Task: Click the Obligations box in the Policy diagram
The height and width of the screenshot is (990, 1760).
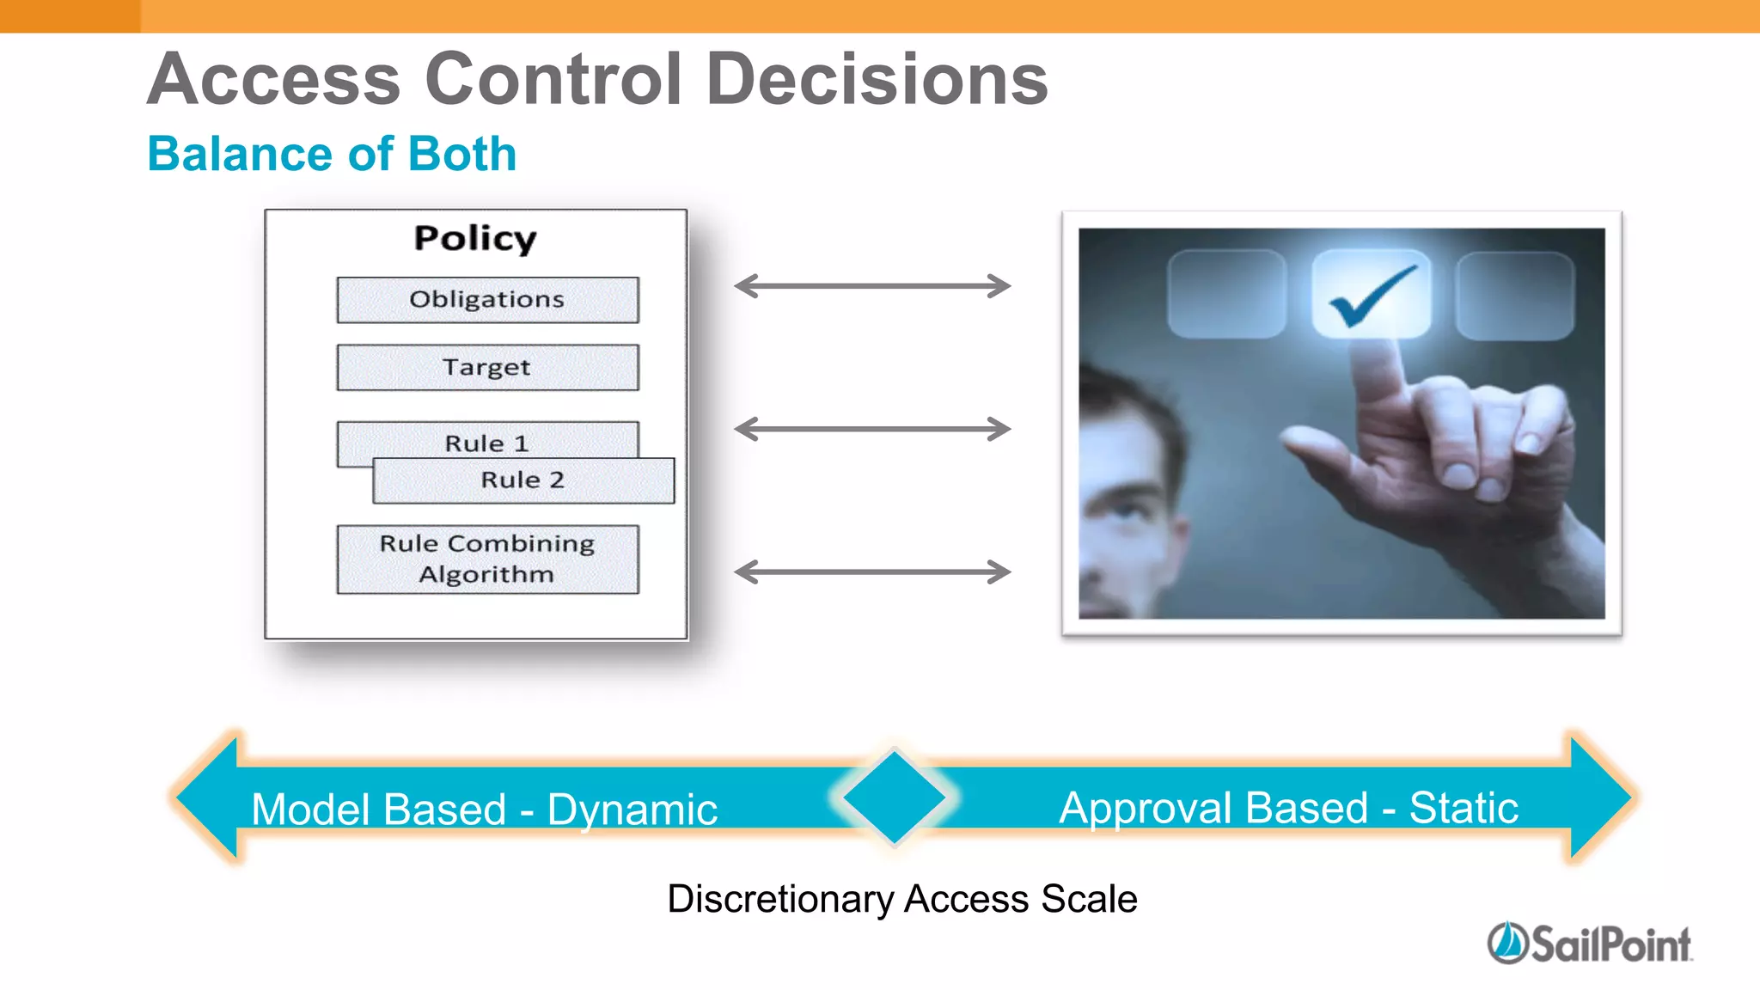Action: (487, 300)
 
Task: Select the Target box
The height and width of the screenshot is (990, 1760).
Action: (487, 368)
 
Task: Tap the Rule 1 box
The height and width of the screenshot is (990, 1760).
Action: (486, 439)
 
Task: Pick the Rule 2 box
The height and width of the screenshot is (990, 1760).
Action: (522, 480)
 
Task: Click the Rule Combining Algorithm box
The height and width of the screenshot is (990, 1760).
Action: (487, 559)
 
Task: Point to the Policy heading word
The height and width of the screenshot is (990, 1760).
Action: (475, 239)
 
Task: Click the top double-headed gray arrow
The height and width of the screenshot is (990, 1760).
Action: (872, 286)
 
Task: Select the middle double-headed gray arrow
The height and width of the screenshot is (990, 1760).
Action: (872, 429)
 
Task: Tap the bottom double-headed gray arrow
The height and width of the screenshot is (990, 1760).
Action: (872, 571)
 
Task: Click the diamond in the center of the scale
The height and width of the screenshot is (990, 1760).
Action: (894, 797)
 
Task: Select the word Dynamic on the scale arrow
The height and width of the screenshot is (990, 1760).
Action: (632, 810)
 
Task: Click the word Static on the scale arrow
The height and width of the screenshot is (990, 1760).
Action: (1464, 808)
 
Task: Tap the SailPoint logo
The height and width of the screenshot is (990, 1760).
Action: (1590, 944)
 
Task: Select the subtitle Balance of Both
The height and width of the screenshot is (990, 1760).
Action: (332, 154)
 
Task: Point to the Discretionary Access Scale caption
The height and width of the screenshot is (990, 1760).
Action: (901, 899)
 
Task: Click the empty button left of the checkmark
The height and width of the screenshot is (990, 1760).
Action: (1226, 294)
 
